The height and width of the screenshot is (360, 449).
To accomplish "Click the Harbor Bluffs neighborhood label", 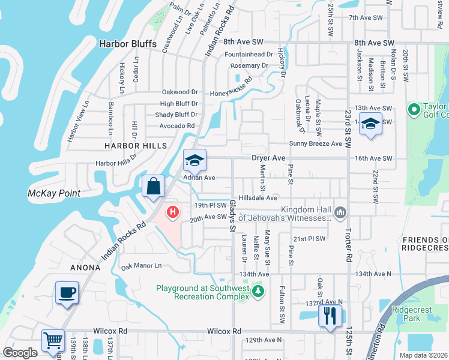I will click(x=127, y=44).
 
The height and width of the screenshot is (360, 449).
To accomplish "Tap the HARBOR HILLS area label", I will click(x=135, y=146).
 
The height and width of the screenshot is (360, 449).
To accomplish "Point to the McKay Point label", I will click(x=54, y=193).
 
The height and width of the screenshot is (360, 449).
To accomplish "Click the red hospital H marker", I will click(x=173, y=212).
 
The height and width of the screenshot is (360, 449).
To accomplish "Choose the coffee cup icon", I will click(x=67, y=292).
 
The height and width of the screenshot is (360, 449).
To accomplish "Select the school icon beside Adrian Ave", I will click(x=194, y=160).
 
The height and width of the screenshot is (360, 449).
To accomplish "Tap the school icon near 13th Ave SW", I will click(x=371, y=124).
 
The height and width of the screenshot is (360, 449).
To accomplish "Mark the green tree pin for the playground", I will click(x=258, y=291).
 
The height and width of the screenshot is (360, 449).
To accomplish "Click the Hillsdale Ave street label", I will click(x=258, y=197).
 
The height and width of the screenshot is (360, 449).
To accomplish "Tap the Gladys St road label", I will click(x=232, y=215).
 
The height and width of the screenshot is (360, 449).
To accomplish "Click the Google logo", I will click(x=20, y=352).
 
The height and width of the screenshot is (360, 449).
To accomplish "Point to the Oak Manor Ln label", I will click(x=142, y=265).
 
